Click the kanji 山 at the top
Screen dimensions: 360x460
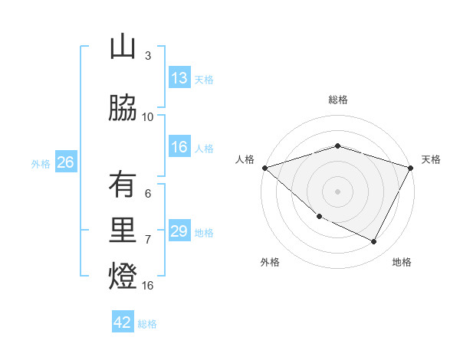[123, 47]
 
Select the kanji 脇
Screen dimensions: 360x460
[123, 109]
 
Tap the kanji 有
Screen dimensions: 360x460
[123, 185]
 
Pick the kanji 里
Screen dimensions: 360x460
[123, 231]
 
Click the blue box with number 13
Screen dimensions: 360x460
[179, 78]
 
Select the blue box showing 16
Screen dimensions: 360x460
[179, 147]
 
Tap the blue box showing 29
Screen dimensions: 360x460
[179, 231]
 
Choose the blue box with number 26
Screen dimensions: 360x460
[65, 162]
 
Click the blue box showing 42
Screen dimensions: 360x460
[123, 322]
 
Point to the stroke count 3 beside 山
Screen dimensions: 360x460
[148, 56]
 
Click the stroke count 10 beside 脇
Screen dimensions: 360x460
[148, 117]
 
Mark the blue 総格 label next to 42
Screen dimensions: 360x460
[147, 323]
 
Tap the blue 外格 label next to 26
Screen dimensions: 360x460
[41, 163]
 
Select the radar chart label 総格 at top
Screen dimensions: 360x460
[338, 100]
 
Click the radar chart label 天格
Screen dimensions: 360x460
[431, 159]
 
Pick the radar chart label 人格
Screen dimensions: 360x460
[245, 159]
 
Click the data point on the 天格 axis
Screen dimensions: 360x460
[411, 168]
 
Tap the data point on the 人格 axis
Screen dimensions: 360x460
[264, 168]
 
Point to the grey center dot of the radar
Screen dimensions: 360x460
[338, 191]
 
